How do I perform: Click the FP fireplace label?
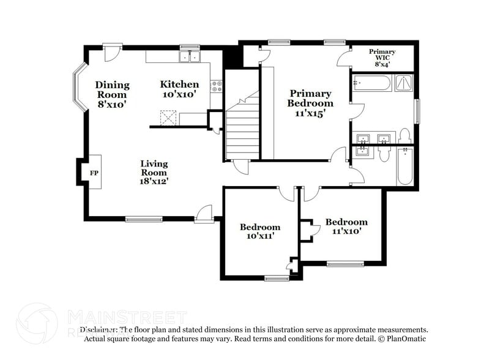[x=94, y=173]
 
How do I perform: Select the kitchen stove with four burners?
[x=216, y=86]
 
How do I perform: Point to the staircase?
[x=243, y=126]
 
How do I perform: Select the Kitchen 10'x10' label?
[x=179, y=89]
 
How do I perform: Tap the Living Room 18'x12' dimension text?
[x=154, y=173]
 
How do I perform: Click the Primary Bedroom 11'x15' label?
[x=310, y=103]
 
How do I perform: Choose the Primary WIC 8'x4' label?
[x=382, y=58]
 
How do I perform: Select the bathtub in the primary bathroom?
[x=371, y=83]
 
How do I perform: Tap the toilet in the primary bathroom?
[x=404, y=135]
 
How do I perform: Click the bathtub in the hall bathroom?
[x=404, y=166]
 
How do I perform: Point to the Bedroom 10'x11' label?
[x=259, y=231]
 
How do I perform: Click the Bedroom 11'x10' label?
[x=346, y=227]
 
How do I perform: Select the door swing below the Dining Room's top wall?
[x=110, y=53]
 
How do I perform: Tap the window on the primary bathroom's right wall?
[x=417, y=110]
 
